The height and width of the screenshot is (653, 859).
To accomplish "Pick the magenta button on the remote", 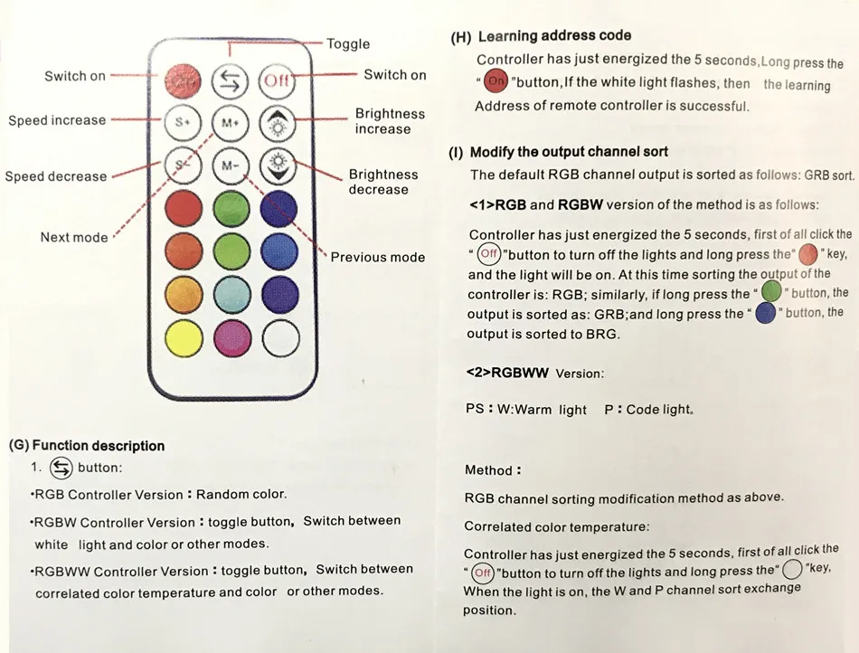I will pyautogui.click(x=229, y=338).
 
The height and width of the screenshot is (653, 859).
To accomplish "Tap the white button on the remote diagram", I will pyautogui.click(x=277, y=338).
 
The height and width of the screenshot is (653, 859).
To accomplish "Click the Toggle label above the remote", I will pyautogui.click(x=348, y=43).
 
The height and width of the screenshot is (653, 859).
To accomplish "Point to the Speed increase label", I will pyautogui.click(x=57, y=120).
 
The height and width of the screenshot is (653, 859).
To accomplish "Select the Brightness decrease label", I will pyautogui.click(x=382, y=182).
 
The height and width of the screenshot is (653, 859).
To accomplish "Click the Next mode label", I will pyautogui.click(x=74, y=237).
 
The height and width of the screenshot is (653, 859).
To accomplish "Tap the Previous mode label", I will pyautogui.click(x=377, y=257).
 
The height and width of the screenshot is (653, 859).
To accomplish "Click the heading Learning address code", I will pyautogui.click(x=554, y=36).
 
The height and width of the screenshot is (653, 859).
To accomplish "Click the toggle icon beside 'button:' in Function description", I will pyautogui.click(x=61, y=468).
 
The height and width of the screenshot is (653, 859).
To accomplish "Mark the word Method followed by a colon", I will pyautogui.click(x=493, y=470).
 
